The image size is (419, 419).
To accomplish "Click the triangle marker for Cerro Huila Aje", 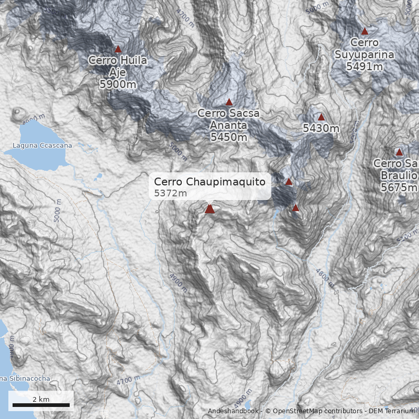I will point(118,49).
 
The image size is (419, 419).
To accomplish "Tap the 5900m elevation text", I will point(118,84).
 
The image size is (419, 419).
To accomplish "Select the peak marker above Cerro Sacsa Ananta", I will point(229,102).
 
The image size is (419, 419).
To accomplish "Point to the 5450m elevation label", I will point(228,137).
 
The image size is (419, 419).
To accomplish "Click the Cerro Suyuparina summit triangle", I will point(365,31).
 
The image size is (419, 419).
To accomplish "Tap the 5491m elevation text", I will point(365,67).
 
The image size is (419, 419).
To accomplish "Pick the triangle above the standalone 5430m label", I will point(321,117).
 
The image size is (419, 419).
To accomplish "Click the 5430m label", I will point(321,128).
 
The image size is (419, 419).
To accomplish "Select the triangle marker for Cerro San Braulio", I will point(399,152).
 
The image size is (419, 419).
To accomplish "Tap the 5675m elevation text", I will point(399,188).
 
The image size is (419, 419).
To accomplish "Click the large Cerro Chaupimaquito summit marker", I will point(210,209).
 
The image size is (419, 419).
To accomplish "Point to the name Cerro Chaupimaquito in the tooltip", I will point(210,182).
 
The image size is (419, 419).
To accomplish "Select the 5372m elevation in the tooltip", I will point(171,193).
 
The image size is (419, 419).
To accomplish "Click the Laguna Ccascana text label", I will point(42,146).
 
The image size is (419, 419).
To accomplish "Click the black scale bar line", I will point(41,405).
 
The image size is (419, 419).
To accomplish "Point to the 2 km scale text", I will point(41,399).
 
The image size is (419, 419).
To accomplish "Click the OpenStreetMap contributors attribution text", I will point(314,411).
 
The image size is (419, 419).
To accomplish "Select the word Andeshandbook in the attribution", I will point(233,411).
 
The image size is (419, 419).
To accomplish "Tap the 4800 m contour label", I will point(325,275).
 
